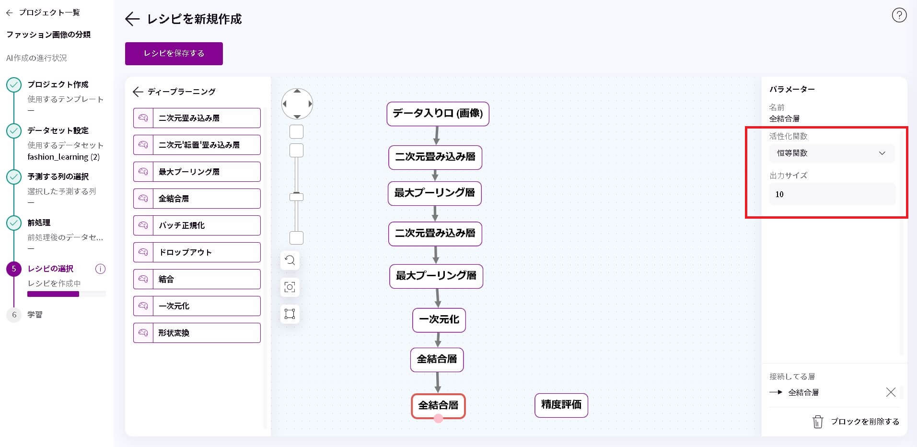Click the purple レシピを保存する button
[x=174, y=53]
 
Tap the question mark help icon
[x=899, y=15]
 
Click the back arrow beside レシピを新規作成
[x=132, y=19]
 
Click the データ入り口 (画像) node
[x=438, y=114]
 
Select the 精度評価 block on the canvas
[x=561, y=405]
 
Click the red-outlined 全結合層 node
[x=438, y=406]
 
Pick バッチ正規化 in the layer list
[x=197, y=225]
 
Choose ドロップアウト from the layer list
[x=197, y=252]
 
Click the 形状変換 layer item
[x=197, y=333]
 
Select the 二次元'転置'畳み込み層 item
[x=197, y=145]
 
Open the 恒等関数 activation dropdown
[x=832, y=153]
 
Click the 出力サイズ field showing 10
[x=832, y=194]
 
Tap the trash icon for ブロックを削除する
[x=818, y=422]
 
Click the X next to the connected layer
[x=891, y=392]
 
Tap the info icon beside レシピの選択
[x=100, y=269]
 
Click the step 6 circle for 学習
[x=14, y=315]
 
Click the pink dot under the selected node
[x=438, y=418]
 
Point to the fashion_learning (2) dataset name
[x=63, y=157]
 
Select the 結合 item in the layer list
[x=197, y=279]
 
